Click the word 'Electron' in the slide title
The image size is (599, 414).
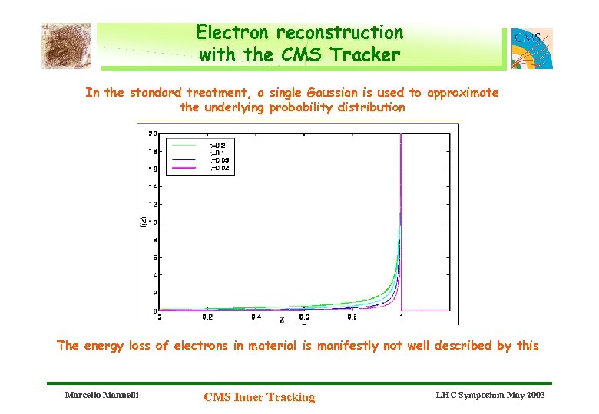233,33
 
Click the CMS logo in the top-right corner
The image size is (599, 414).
531,48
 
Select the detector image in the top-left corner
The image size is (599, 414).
66,45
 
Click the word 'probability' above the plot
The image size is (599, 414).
301,107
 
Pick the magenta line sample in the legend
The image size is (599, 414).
184,168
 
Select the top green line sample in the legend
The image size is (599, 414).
184,144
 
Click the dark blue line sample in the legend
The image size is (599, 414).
184,160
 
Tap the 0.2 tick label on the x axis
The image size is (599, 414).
207,317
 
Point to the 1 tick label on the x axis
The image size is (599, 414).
401,317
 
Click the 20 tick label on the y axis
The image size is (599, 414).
153,133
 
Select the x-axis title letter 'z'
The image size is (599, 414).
282,320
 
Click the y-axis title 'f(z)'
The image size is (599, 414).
143,222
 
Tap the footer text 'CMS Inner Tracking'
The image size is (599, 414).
259,396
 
